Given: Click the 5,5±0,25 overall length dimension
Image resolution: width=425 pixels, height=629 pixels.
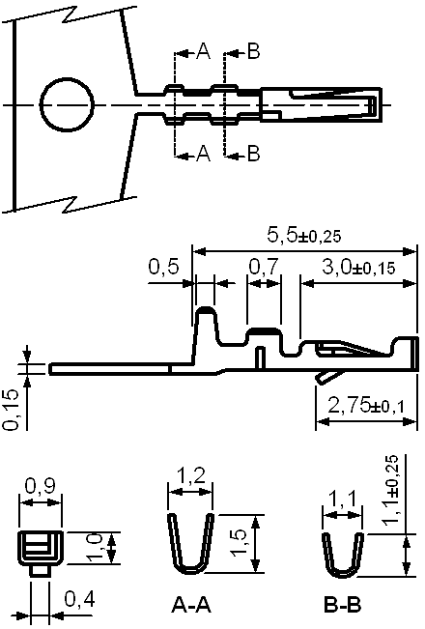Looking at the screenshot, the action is tap(304, 236).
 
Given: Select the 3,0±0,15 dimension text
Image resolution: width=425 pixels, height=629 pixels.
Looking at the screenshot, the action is tap(358, 268).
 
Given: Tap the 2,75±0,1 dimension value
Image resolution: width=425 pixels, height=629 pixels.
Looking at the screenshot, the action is tap(366, 406).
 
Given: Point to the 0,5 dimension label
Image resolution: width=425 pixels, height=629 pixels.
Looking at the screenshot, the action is tap(163, 267).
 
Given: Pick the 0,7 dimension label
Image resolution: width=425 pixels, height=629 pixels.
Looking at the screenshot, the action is tap(263, 267).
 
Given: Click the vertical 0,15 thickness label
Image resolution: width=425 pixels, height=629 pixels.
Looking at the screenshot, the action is tap(12, 410).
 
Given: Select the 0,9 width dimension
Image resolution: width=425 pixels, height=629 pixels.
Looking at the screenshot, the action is tap(41, 487).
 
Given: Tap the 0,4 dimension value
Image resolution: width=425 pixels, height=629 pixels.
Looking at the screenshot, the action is tap(79, 600).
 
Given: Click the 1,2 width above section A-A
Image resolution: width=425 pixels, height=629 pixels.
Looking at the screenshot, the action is tap(190, 476).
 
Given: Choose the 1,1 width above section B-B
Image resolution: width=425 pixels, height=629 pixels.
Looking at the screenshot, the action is tap(342, 500).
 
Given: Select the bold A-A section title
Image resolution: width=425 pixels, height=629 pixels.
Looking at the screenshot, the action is tap(191, 606).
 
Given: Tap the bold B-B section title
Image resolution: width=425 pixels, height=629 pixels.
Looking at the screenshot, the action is tap(342, 606).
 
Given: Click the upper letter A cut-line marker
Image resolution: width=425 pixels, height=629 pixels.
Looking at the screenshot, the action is tap(203, 51).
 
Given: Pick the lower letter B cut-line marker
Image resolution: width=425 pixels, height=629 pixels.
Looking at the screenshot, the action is tap(253, 154).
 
